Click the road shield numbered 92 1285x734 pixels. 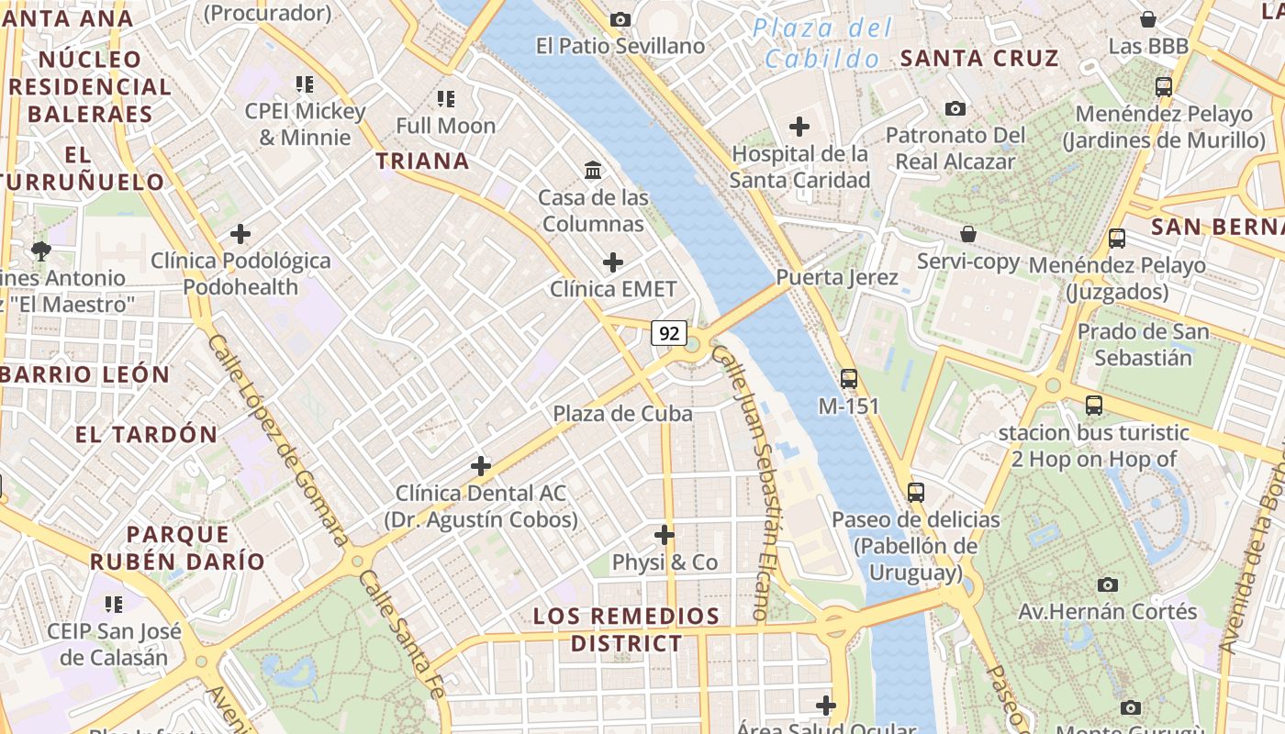pyautogui.click(x=669, y=333)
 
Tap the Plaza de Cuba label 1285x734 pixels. pyautogui.click(x=622, y=414)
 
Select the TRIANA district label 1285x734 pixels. pyautogui.click(x=422, y=161)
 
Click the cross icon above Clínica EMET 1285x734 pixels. pyautogui.click(x=613, y=262)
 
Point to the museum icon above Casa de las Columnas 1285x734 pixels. pyautogui.click(x=593, y=170)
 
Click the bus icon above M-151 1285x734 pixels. pyautogui.click(x=849, y=378)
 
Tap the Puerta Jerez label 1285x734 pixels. pyautogui.click(x=837, y=276)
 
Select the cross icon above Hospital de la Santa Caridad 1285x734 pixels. pyautogui.click(x=799, y=126)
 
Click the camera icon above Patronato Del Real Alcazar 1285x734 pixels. pyautogui.click(x=955, y=108)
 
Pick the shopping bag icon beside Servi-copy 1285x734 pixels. pyautogui.click(x=967, y=234)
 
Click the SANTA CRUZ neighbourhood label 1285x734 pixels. pyautogui.click(x=979, y=59)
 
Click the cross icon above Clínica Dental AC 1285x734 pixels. pyautogui.click(x=481, y=466)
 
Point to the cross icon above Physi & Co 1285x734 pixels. pyautogui.click(x=665, y=534)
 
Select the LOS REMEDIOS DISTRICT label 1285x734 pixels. pyautogui.click(x=627, y=629)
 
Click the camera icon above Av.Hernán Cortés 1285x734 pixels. pyautogui.click(x=1108, y=584)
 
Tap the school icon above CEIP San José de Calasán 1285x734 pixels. pyautogui.click(x=114, y=604)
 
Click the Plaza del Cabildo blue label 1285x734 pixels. pyautogui.click(x=821, y=43)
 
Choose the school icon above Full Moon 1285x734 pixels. pyautogui.click(x=446, y=98)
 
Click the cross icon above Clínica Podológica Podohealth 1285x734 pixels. pyautogui.click(x=240, y=234)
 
